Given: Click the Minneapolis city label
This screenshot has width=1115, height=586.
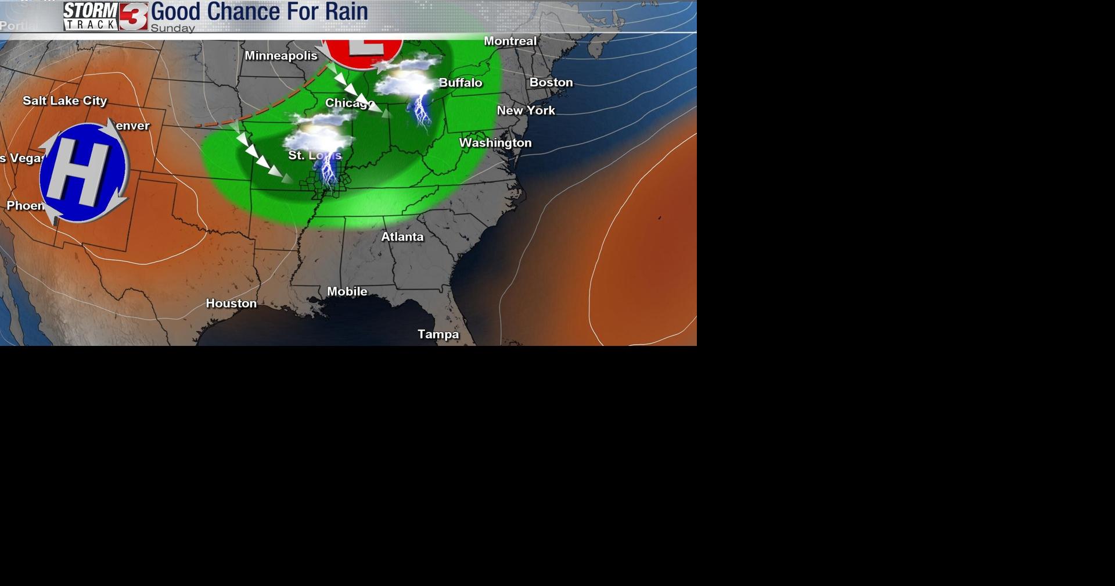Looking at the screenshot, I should pos(281,56).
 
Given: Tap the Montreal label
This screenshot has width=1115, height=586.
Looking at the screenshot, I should pos(510,41).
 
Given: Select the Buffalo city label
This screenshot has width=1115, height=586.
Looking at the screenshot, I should pos(461,83).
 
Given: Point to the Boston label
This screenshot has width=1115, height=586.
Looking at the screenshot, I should pos(551,83).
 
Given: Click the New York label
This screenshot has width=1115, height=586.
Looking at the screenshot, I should pos(526,110).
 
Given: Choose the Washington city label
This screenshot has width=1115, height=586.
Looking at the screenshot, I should pos(495,143).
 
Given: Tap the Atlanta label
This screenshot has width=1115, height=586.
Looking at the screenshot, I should pos(402,237).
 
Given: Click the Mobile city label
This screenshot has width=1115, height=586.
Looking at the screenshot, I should pos(347,291).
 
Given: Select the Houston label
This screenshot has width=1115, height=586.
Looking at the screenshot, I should pos(231,303).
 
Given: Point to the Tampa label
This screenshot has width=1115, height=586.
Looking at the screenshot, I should pos(438,334).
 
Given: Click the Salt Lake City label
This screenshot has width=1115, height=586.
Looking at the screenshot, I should pos(65,101).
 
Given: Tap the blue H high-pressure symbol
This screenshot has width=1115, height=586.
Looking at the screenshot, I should pos(83,173).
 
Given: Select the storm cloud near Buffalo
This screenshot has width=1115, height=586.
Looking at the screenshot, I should pos(407,78).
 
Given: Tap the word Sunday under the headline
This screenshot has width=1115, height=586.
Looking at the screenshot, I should pos(172,28).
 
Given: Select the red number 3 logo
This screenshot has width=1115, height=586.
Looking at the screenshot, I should pos(134,16).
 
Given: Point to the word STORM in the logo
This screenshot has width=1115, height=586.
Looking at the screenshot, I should pos(91,10).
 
